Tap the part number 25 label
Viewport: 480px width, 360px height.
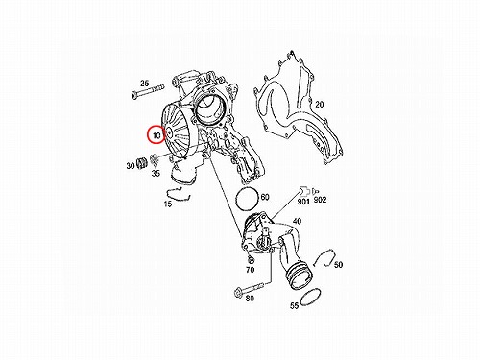coord(144,84)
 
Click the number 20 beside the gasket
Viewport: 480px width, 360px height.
coord(319,104)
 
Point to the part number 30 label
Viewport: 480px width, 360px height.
coord(131,166)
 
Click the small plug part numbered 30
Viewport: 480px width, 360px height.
coord(141,163)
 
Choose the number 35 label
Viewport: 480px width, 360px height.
coord(156,174)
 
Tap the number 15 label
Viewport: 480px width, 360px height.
coord(168,204)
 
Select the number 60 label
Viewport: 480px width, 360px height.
coord(265,197)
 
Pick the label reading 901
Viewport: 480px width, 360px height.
coord(303,202)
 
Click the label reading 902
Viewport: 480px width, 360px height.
coord(320,200)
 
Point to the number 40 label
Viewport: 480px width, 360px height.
coord(297,221)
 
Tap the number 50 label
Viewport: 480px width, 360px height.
coord(338,265)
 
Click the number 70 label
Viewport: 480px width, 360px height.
coord(250,270)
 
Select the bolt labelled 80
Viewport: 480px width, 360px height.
coord(252,287)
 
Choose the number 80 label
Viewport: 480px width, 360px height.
coord(250,299)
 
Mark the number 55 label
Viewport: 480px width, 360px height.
coord(294,305)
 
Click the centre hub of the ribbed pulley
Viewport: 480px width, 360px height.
coord(169,132)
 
